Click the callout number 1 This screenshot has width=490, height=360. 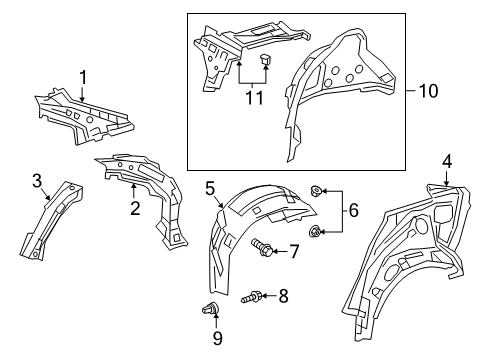pyautogui.click(x=84, y=76)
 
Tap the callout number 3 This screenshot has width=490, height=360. pyautogui.click(x=36, y=180)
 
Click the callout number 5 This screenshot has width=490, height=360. pyautogui.click(x=211, y=187)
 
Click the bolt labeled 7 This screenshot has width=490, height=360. pyautogui.click(x=263, y=248)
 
